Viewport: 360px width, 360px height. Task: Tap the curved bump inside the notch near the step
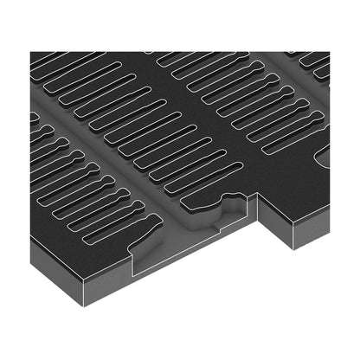[234, 204]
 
